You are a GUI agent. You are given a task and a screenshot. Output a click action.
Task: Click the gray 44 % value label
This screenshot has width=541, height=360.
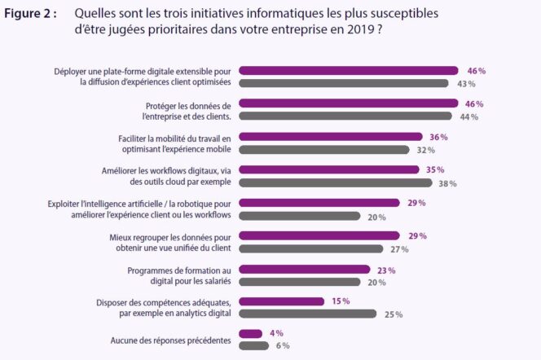[469, 117]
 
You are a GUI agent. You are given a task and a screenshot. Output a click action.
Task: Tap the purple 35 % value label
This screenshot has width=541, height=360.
[434, 170]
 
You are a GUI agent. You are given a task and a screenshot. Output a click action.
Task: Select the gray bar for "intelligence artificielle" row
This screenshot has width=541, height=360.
[301, 216]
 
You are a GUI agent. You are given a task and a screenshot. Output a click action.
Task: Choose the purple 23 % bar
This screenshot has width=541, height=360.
[306, 269]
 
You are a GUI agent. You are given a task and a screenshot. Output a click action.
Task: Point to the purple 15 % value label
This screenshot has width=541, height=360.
[341, 301]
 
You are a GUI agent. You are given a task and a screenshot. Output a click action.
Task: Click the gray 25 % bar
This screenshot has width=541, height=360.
[309, 314]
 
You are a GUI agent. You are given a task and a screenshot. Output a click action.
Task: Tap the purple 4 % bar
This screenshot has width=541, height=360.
[251, 334]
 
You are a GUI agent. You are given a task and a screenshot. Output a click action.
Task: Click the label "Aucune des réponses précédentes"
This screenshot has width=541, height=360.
[171, 340]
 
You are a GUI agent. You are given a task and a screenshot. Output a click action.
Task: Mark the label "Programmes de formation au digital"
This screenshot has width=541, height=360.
[180, 274]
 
